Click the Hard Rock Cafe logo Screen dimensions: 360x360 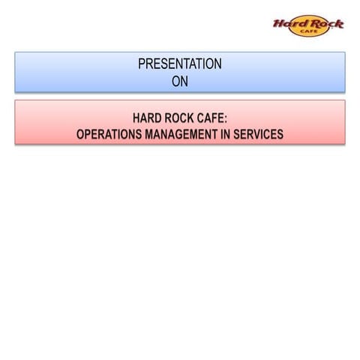coord(307,26)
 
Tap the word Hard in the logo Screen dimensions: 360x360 coord(288,24)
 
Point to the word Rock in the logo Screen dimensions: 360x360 coord(325,23)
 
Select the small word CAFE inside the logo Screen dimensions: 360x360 coord(308,32)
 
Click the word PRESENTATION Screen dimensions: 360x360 coord(180,64)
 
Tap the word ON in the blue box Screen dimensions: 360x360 coord(180,81)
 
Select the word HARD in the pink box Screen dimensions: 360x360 coord(147,118)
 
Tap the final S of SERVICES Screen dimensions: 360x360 coord(280,135)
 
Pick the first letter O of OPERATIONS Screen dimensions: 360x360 coord(80,135)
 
